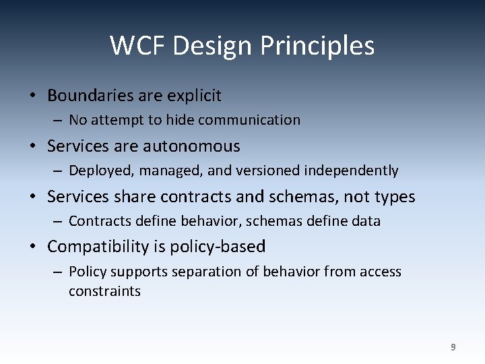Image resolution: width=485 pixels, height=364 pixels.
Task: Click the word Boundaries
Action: coord(91,96)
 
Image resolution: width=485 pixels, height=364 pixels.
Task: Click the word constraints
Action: coord(104,291)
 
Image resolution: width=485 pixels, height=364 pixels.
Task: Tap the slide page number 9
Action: coord(453,347)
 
